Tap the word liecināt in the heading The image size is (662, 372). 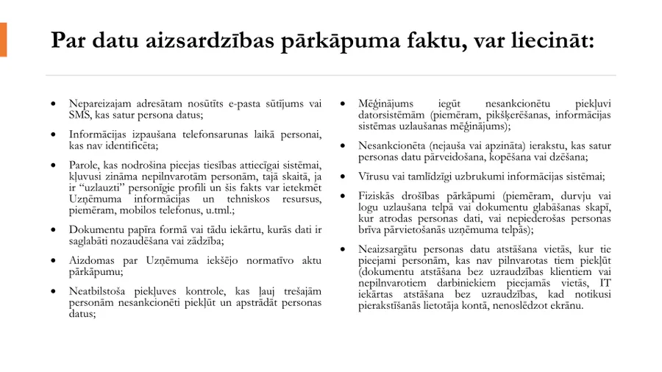pos(544,40)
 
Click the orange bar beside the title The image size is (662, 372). pos(3,39)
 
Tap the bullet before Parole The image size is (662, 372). pos(51,164)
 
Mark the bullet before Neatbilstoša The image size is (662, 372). pos(51,292)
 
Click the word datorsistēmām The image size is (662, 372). pos(392,115)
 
